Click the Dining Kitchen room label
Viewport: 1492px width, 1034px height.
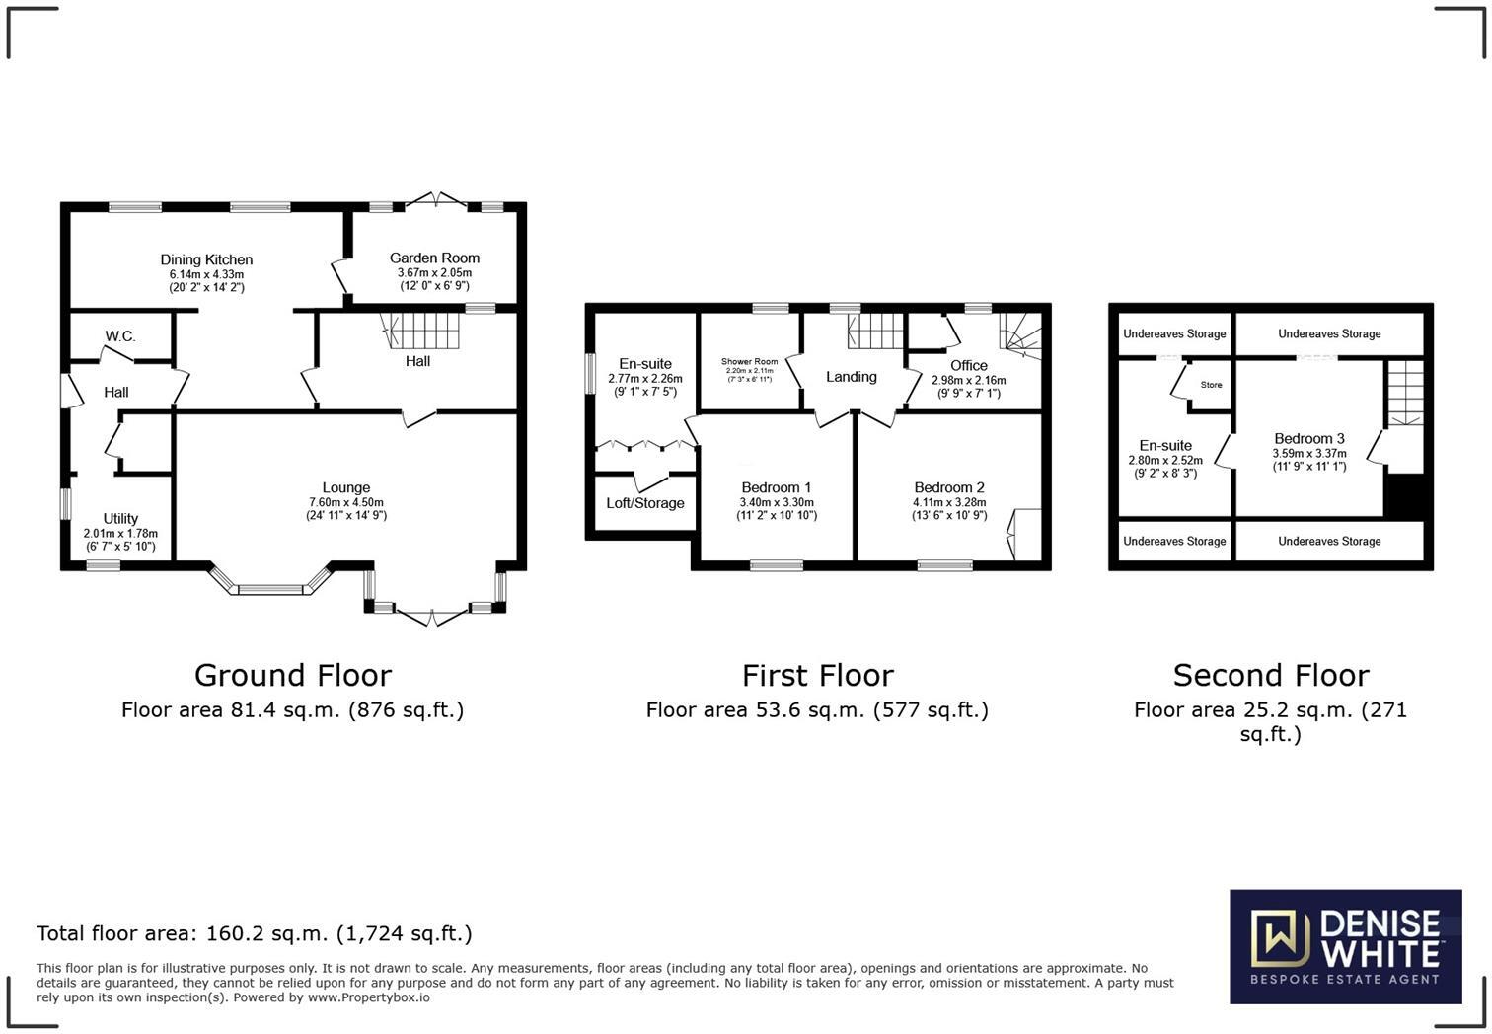coord(206,260)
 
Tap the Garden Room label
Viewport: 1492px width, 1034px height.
coord(434,258)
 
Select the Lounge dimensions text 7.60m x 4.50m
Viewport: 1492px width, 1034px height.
coord(345,502)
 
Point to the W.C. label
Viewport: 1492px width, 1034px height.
coord(120,336)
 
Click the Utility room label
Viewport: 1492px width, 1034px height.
coord(120,519)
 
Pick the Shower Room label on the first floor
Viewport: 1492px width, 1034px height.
coord(749,362)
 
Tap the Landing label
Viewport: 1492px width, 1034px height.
coord(851,377)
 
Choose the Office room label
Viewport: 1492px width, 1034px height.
coord(968,365)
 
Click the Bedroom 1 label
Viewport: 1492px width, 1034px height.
coord(776,487)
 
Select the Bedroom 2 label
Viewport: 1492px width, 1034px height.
coord(948,487)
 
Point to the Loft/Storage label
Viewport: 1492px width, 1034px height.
coord(644,503)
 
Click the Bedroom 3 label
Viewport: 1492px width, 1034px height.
coord(1308,439)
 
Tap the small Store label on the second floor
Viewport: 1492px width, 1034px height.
coord(1211,385)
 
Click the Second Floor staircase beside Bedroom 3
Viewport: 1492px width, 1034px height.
coord(1406,393)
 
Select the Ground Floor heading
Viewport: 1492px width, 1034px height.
coord(292,676)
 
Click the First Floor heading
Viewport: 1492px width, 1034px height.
coord(817,676)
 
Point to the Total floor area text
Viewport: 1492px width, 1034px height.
coord(254,933)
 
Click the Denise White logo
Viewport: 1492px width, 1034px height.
coord(1345,947)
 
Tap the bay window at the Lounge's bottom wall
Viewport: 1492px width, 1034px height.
coord(270,586)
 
